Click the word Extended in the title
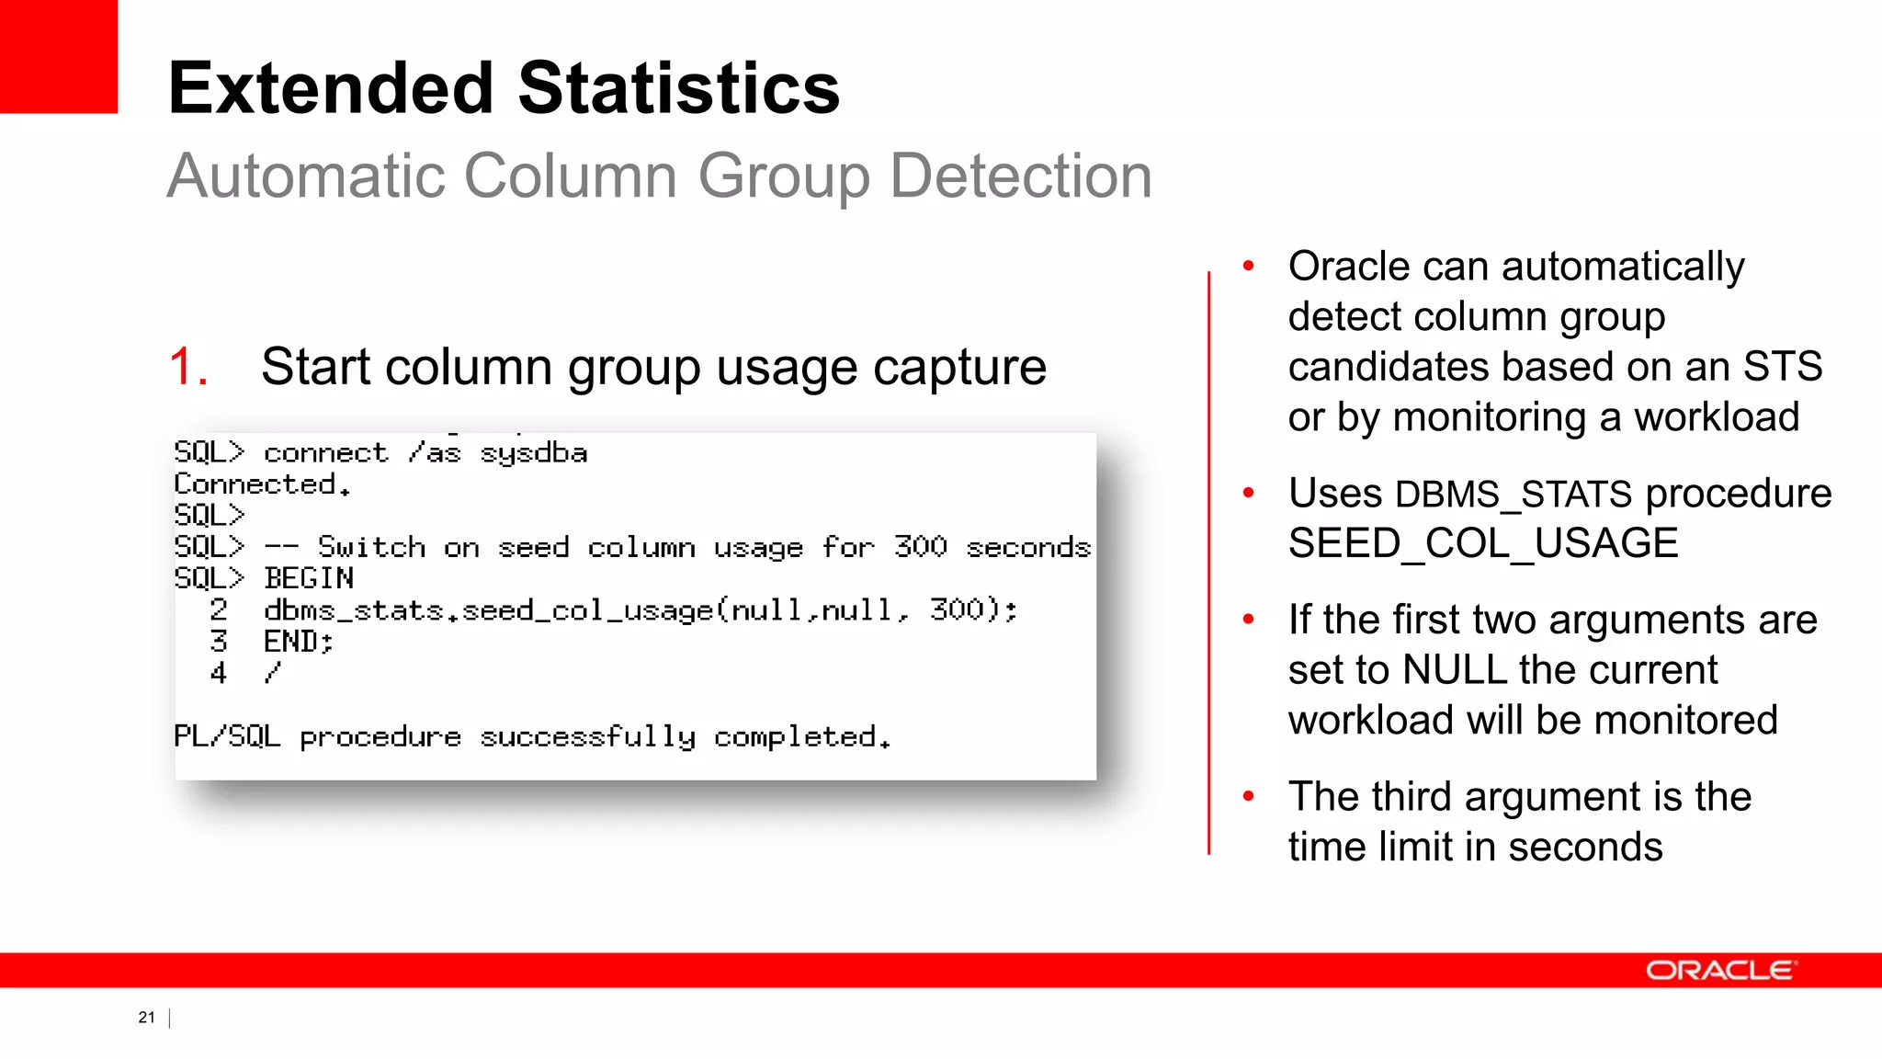pyautogui.click(x=332, y=88)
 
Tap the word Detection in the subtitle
pyautogui.click(x=1020, y=176)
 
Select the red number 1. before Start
pyautogui.click(x=188, y=367)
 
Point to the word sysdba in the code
pyautogui.click(x=533, y=453)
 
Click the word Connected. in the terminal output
pyautogui.click(x=262, y=484)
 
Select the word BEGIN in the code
pyautogui.click(x=308, y=578)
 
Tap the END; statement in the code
pyautogui.click(x=298, y=641)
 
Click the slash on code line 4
pyautogui.click(x=271, y=673)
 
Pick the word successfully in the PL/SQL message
pyautogui.click(x=587, y=737)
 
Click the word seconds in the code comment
pyautogui.click(x=1027, y=548)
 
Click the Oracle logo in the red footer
pyautogui.click(x=1718, y=971)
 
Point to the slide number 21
pyautogui.click(x=147, y=1017)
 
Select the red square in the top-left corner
pyautogui.click(x=59, y=56)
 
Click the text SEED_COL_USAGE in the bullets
pyautogui.click(x=1482, y=543)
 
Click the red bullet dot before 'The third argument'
pyautogui.click(x=1248, y=796)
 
